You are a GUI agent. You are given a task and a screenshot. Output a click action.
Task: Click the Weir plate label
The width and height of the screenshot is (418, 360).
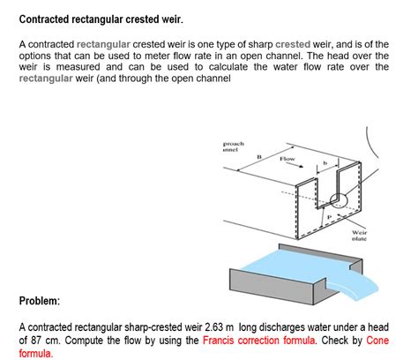pos(360,235)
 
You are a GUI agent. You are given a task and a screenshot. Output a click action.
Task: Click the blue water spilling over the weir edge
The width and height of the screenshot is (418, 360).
pos(375,284)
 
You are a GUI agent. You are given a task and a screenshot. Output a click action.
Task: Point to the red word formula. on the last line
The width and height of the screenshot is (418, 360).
pos(36,353)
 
